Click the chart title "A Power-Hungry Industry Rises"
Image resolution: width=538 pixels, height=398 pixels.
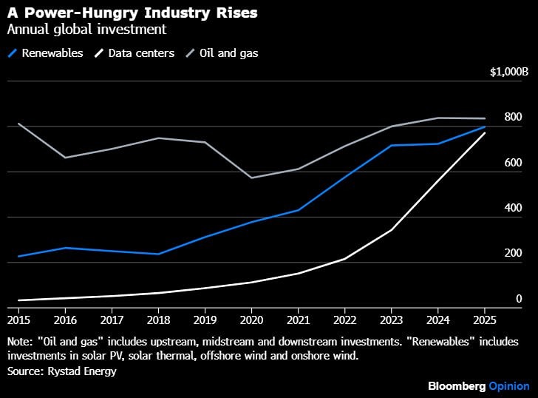pos(112,13)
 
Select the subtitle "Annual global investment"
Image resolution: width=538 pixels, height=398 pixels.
pos(86,30)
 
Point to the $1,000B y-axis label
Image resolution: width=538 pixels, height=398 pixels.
pos(509,72)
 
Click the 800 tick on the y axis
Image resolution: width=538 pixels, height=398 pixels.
pos(513,118)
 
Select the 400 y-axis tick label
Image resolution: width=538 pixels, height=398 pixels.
pos(513,208)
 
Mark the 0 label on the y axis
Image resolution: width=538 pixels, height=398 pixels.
pos(519,299)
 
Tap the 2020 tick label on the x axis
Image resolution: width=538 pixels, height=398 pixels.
pos(251,320)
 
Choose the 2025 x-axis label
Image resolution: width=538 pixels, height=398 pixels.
pos(484,320)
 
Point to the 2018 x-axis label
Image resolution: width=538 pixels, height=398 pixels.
pos(158,320)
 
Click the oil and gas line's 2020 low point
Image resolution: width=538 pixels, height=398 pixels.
pos(251,178)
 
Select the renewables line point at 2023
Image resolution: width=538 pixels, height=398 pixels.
pos(391,145)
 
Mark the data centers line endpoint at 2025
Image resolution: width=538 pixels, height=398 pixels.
pos(484,133)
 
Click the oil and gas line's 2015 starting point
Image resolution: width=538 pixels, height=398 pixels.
pos(18,124)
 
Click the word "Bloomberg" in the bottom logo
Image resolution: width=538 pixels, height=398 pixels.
pos(457,386)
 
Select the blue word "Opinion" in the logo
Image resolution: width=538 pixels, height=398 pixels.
pos(509,386)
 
